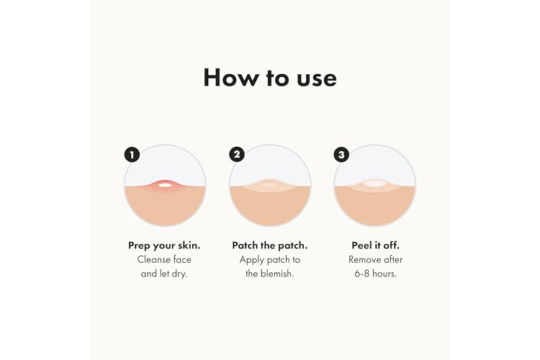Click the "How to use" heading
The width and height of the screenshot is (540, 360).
[270, 77]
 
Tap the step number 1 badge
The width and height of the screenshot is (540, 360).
[132, 155]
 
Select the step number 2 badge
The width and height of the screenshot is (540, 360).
[237, 155]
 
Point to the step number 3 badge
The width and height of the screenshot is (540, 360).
[341, 155]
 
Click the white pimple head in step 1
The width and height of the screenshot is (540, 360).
[166, 185]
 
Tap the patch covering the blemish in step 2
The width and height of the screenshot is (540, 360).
[270, 185]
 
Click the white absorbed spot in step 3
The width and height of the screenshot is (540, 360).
[374, 184]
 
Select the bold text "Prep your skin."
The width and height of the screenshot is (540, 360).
[164, 246]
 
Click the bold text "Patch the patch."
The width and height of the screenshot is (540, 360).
[270, 246]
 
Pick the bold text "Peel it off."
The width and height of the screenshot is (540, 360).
[375, 246]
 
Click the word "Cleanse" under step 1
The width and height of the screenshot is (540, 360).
[154, 259]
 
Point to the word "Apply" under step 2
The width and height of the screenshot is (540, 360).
[251, 260]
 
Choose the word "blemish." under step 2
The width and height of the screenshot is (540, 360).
[277, 274]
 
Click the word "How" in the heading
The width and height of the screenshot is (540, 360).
[230, 77]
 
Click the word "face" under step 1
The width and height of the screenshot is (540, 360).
[183, 259]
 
